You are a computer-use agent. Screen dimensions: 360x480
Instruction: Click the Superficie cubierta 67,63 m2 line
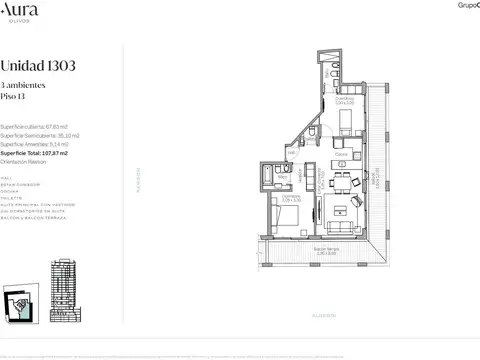coord(41,127)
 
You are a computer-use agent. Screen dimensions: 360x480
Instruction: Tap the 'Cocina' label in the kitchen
coord(341,155)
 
